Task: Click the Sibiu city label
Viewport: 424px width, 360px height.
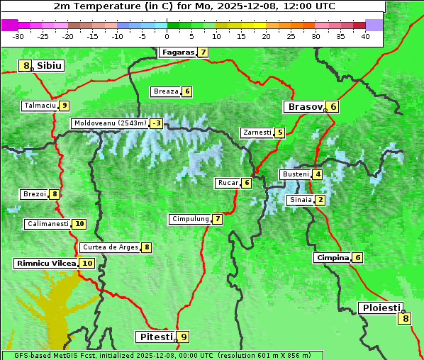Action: [x=50, y=65]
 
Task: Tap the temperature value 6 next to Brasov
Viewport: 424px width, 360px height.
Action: [x=333, y=107]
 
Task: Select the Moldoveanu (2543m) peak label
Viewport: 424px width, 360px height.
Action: [x=110, y=123]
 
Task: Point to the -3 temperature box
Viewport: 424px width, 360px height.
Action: [x=156, y=123]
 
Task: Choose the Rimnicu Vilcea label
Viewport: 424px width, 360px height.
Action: [x=45, y=263]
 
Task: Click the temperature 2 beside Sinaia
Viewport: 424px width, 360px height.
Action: [x=320, y=200]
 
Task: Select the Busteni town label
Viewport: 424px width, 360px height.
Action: [x=295, y=174]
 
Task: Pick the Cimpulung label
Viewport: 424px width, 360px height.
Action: [x=189, y=219]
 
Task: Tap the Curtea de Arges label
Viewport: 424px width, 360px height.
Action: [x=108, y=247]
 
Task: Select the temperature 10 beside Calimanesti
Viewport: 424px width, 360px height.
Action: [x=79, y=224]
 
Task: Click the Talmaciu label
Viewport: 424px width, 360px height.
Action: [x=39, y=106]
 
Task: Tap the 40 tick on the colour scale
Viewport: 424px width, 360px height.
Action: [x=364, y=36]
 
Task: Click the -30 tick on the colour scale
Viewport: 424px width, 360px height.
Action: [x=18, y=36]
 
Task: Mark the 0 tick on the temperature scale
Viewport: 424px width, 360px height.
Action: [x=167, y=36]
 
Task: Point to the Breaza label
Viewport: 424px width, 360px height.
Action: [x=166, y=91]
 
